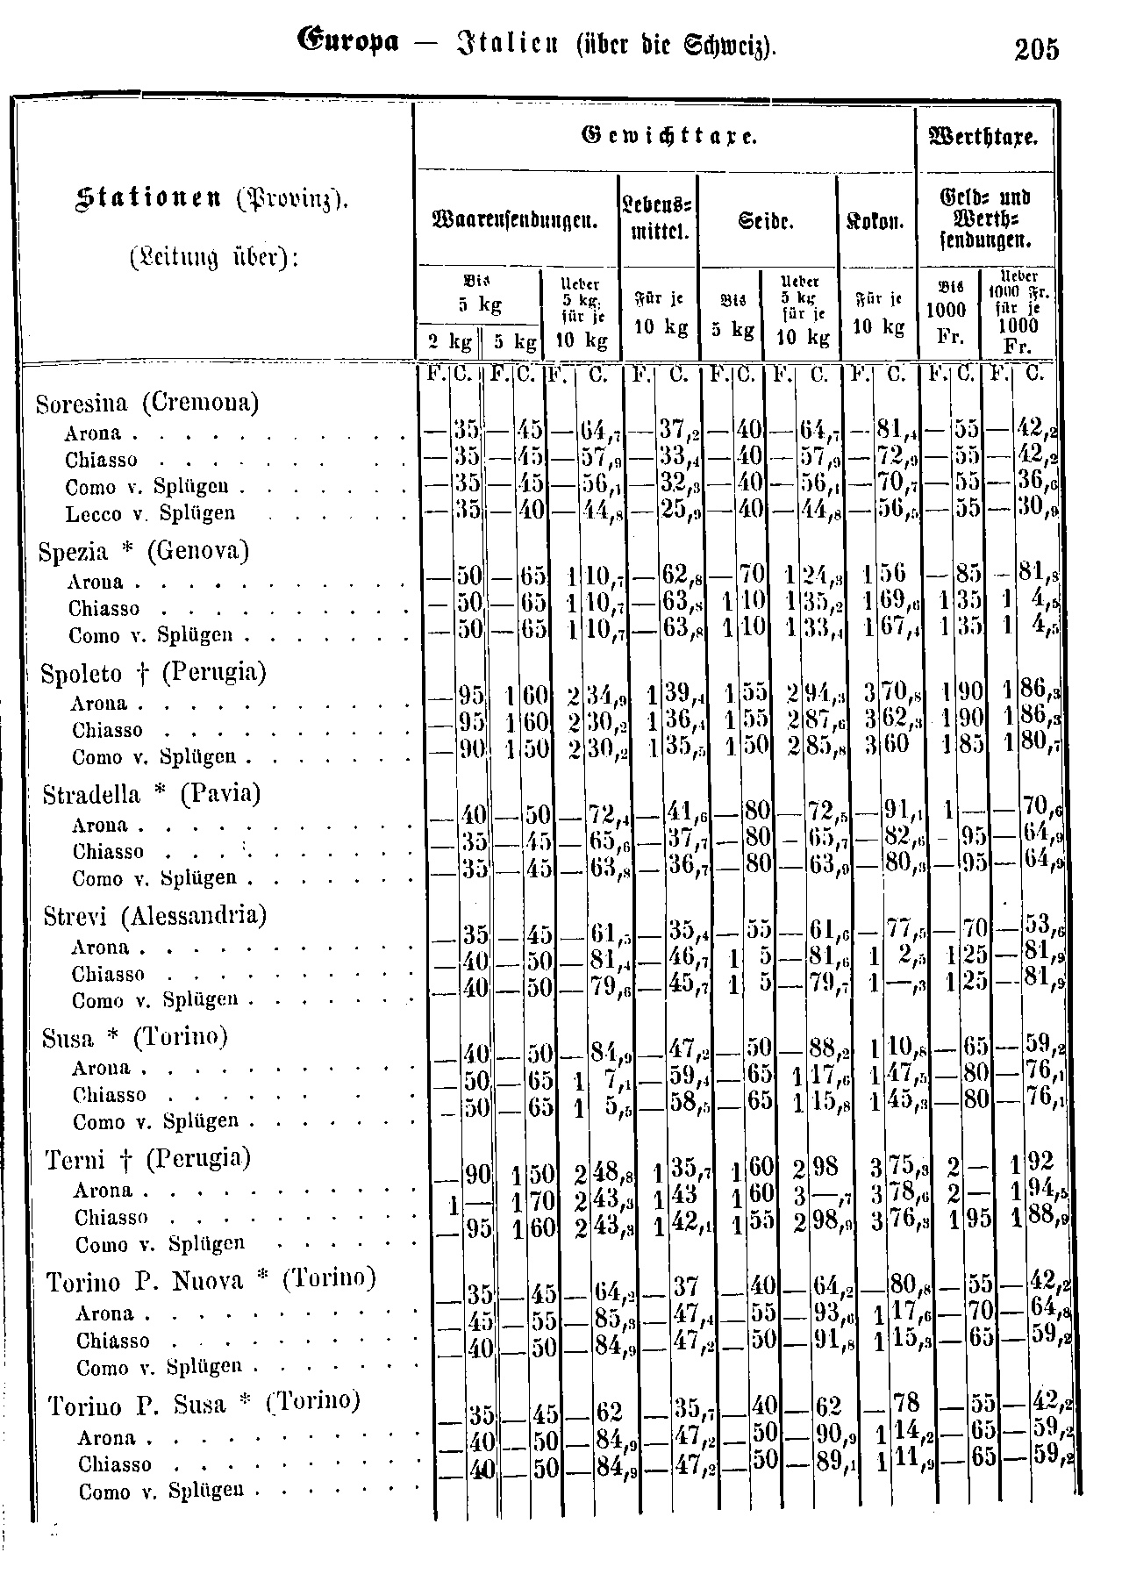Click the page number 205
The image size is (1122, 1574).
click(1036, 49)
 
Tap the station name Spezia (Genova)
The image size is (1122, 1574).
click(144, 551)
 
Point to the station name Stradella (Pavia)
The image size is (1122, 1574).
click(152, 794)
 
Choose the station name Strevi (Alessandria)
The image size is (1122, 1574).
click(155, 916)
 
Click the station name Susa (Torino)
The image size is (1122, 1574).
click(135, 1038)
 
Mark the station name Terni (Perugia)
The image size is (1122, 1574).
click(148, 1159)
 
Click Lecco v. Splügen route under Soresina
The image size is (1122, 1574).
click(150, 512)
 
